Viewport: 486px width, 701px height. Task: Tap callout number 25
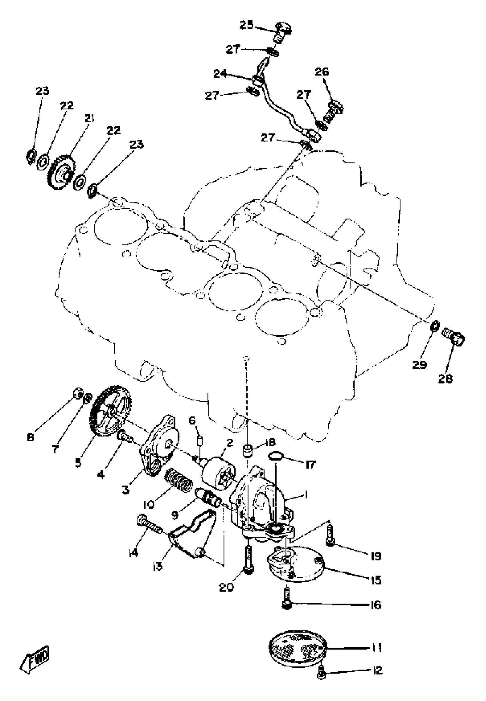click(x=246, y=25)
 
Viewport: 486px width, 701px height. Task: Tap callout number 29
click(x=419, y=365)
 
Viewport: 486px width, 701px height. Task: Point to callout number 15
click(x=377, y=580)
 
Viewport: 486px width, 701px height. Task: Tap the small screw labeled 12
click(x=322, y=675)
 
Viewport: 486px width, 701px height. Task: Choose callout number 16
click(x=377, y=606)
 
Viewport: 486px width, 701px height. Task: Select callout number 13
click(x=158, y=566)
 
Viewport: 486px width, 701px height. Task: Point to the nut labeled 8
click(x=79, y=394)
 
